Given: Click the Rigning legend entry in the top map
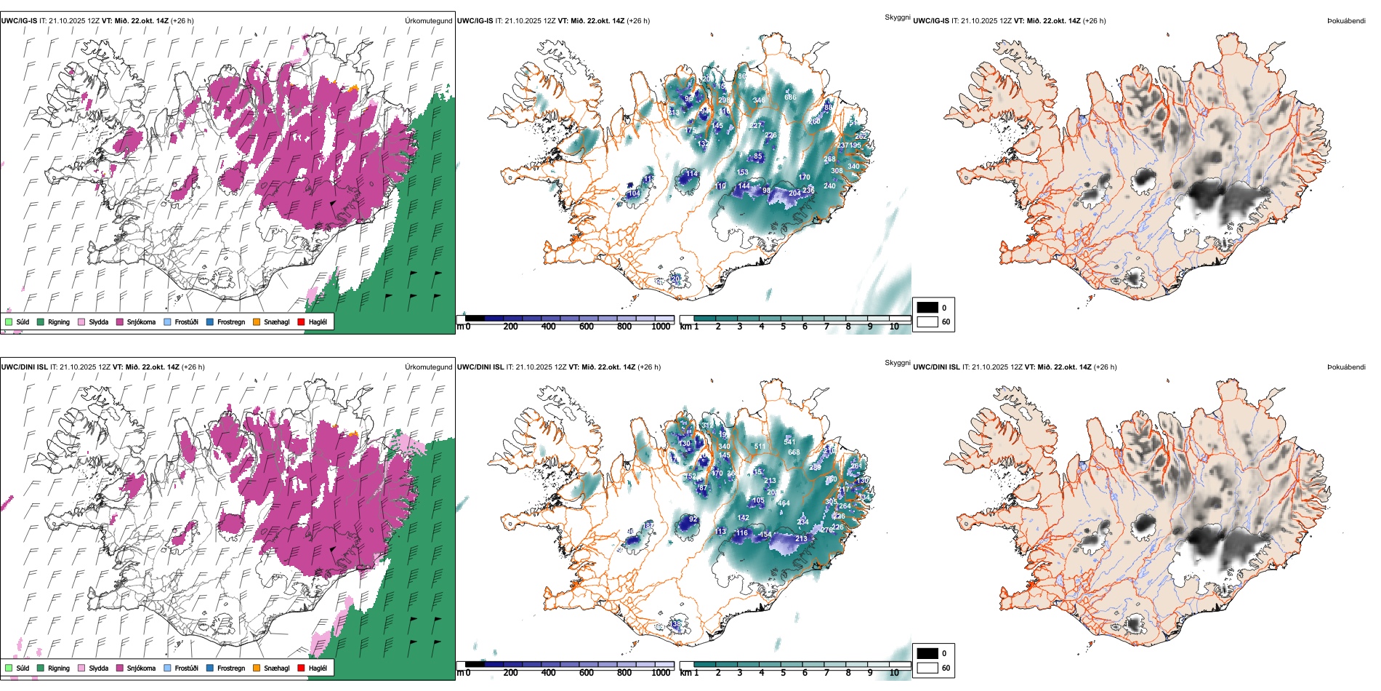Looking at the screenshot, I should [59, 321].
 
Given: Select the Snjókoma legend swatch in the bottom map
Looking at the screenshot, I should [120, 668].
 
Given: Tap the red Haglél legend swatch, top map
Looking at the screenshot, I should [301, 321].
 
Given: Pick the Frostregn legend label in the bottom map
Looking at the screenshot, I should [230, 668].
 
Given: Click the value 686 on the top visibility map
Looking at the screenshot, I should [790, 97].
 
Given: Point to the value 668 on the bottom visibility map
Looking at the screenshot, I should [794, 452].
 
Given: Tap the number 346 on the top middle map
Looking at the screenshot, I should [759, 100].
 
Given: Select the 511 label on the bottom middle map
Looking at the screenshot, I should [760, 447].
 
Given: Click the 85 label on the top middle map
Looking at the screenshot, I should [758, 156].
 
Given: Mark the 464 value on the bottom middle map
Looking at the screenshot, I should [784, 503].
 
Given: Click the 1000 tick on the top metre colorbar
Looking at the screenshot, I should [661, 327].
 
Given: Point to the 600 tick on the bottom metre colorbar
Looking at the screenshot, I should [587, 673].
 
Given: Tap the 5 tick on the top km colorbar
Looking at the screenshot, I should [784, 327].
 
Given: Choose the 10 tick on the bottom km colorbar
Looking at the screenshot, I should [894, 673].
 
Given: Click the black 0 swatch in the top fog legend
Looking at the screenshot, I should [927, 307].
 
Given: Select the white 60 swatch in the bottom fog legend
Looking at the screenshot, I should [927, 668].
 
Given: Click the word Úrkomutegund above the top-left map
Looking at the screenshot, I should [428, 20].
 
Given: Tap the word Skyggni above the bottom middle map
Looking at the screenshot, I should [897, 362].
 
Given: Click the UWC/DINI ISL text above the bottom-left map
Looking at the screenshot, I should [24, 367].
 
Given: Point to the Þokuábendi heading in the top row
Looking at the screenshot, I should [1346, 20].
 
